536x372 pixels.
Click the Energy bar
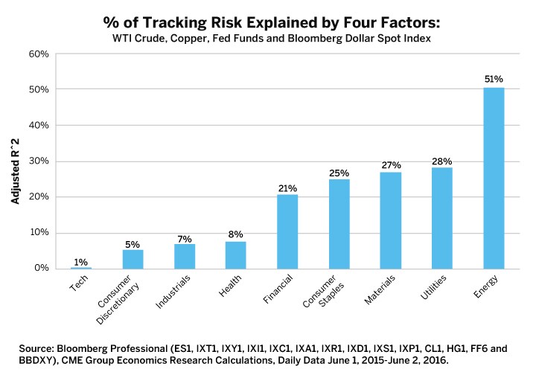(x=494, y=178)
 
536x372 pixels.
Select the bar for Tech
(x=81, y=267)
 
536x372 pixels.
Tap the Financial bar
(x=287, y=231)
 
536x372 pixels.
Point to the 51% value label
(x=494, y=79)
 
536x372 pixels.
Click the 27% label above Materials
(x=391, y=164)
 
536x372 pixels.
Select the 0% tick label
(x=40, y=269)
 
